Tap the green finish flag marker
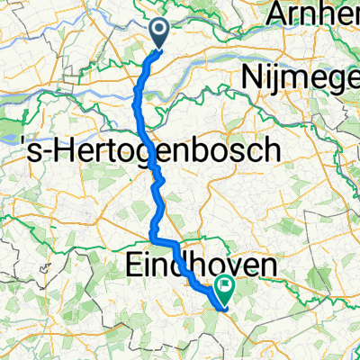pyautogui.click(x=222, y=289)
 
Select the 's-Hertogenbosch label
pyautogui.click(x=146, y=150)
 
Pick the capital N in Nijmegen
pyautogui.click(x=249, y=79)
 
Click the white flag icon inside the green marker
pyautogui.click(x=222, y=287)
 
